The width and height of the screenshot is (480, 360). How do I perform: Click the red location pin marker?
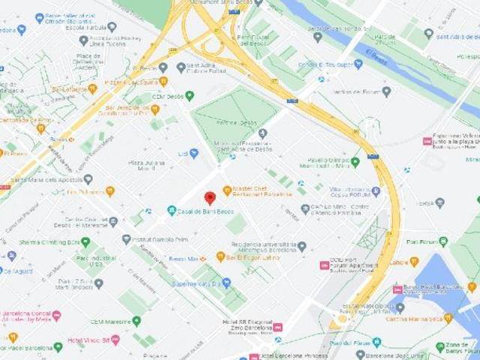click(210, 198)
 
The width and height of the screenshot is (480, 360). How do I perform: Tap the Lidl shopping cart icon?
click(193, 153)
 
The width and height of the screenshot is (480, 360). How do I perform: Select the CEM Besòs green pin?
click(189, 96)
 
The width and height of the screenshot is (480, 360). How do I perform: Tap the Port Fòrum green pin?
click(444, 241)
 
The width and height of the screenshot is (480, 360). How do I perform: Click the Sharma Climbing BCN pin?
click(85, 242)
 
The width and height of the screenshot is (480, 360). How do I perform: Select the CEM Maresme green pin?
click(136, 321)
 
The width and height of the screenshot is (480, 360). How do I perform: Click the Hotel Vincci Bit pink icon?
click(115, 340)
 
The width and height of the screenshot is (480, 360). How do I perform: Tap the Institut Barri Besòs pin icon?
click(127, 239)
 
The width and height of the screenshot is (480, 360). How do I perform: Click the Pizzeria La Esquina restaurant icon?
click(163, 81)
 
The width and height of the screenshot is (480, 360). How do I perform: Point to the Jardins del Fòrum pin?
click(386, 91)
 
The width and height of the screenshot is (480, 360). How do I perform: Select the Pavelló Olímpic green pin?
click(355, 161)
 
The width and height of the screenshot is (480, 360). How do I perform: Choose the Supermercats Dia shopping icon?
click(226, 283)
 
